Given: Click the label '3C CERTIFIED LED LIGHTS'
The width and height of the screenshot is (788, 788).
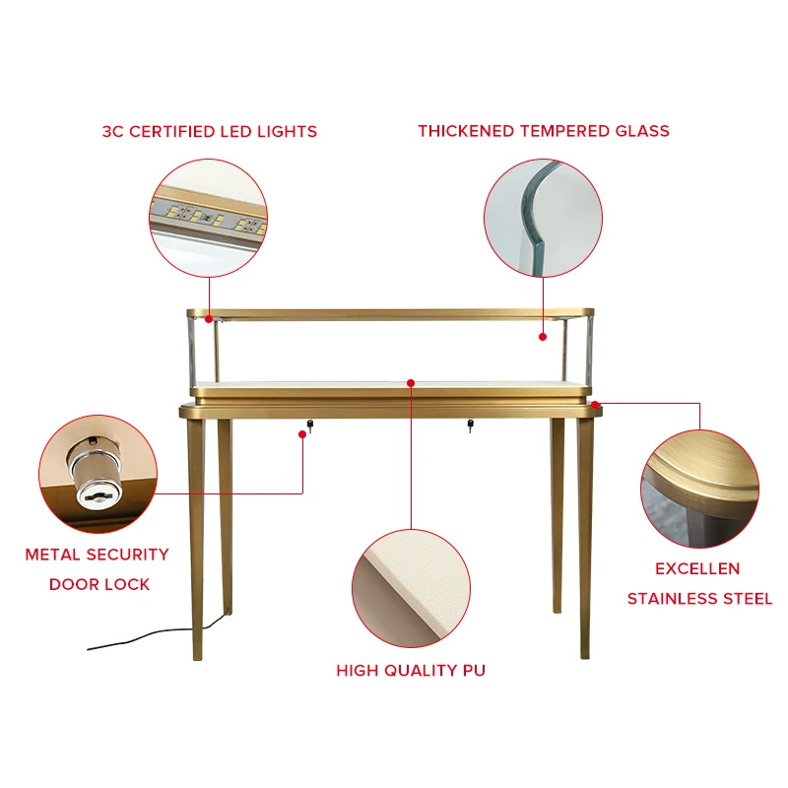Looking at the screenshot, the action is point(210,132).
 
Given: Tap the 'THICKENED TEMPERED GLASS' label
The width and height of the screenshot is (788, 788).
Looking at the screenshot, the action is point(544,131).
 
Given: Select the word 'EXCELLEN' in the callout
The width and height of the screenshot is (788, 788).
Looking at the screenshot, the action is point(697,569).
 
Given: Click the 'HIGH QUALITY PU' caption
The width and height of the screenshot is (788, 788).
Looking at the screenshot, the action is point(411,671).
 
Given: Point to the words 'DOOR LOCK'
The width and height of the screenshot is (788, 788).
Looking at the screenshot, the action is point(99,584).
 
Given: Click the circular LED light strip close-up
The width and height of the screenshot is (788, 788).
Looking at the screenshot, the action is point(209,218).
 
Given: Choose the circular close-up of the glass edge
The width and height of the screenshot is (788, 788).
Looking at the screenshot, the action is point(544,218).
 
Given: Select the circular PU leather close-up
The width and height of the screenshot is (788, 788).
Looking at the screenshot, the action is point(411,588).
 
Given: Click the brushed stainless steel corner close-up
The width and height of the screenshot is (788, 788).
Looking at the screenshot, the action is point(700,489).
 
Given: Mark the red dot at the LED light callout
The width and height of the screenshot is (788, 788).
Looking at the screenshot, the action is point(209,318).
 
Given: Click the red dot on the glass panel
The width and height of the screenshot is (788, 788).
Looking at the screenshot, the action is point(543,337).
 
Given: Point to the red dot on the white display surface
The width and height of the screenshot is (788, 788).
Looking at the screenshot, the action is point(411,383).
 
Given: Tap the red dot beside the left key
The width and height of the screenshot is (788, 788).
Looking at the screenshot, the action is point(302,434).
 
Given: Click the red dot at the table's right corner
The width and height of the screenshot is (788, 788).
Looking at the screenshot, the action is point(595,405).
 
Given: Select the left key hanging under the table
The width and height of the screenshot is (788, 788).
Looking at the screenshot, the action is point(310,426).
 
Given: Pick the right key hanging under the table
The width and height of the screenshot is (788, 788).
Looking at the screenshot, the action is point(470,426).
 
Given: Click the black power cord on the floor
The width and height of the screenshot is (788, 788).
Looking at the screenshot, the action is point(151,635).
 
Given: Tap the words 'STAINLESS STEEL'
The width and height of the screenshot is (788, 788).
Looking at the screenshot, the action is point(699,599).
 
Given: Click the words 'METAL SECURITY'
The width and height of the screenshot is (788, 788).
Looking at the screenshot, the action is point(97,555).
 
